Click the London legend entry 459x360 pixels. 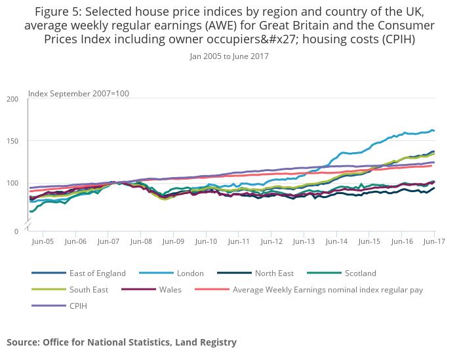pos(190,273)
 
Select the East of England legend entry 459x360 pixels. pos(97,273)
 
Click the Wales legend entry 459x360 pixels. pos(170,289)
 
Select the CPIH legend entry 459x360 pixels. pos(78,306)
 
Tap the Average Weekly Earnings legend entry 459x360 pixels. pos(327,289)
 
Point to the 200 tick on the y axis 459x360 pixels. pos(13,99)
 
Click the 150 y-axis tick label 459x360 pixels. pos(13,141)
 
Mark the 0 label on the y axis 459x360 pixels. pos(16,231)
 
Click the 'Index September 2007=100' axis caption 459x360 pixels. pos(79,93)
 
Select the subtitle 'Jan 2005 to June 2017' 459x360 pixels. pos(229,56)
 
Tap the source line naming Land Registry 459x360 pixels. pos(121,342)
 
